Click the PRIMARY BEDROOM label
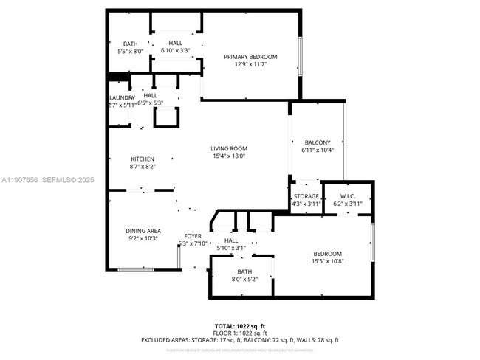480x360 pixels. pyautogui.click(x=251, y=57)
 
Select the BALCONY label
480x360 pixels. pyautogui.click(x=318, y=142)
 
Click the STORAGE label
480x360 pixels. pyautogui.click(x=306, y=196)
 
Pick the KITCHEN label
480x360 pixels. pyautogui.click(x=143, y=159)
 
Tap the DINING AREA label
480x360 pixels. pyautogui.click(x=143, y=231)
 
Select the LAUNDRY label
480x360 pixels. pyautogui.click(x=122, y=98)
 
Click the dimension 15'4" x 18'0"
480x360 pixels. pyautogui.click(x=229, y=156)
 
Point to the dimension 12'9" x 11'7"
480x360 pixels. pyautogui.click(x=251, y=65)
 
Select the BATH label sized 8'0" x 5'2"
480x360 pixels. pyautogui.click(x=244, y=271)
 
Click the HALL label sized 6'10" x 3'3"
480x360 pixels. pyautogui.click(x=176, y=43)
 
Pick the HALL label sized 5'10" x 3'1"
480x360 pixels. pyautogui.click(x=231, y=240)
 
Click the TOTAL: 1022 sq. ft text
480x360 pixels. pyautogui.click(x=240, y=325)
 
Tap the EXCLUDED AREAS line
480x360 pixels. pyautogui.click(x=240, y=340)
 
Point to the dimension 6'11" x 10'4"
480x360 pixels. pyautogui.click(x=318, y=150)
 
